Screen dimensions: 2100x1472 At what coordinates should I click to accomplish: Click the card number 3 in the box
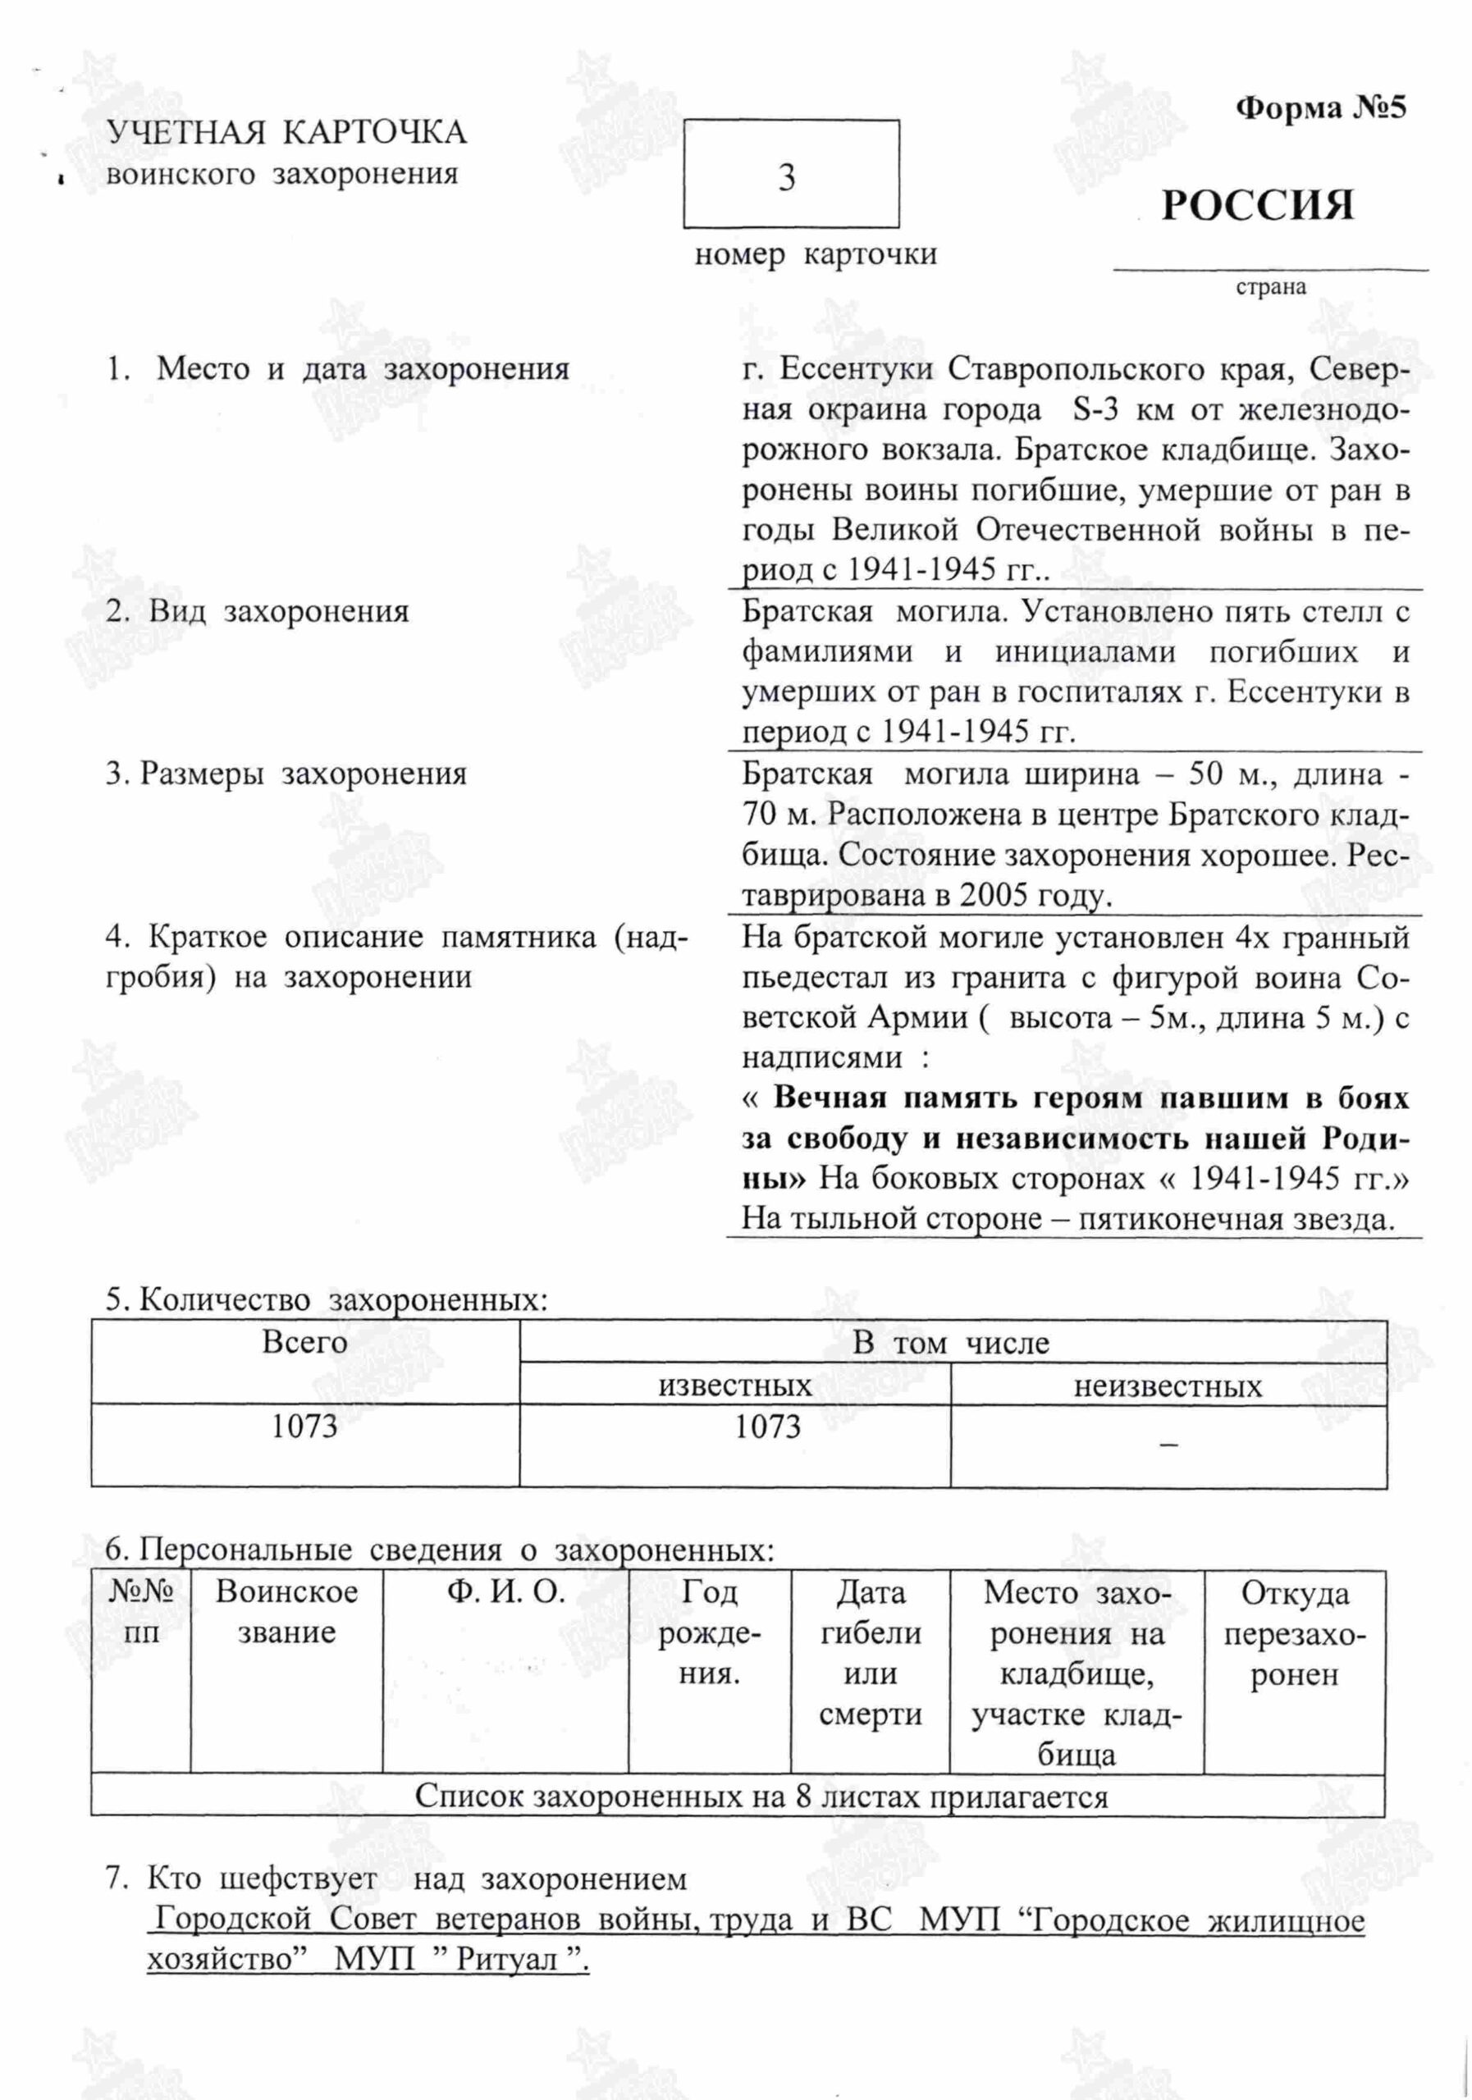787,176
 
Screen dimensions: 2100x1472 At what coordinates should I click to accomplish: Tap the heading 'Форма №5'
1320,109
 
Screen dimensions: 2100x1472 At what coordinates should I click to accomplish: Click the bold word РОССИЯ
1257,206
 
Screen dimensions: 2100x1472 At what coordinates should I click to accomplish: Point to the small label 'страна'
1271,287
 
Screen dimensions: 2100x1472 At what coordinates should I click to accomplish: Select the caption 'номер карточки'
815,254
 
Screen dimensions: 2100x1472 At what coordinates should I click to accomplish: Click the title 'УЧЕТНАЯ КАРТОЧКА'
286,134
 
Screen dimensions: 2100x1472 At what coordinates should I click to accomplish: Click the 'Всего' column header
304,1343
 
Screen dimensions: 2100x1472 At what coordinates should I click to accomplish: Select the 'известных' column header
734,1385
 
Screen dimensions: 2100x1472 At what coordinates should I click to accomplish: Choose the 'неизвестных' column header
1168,1386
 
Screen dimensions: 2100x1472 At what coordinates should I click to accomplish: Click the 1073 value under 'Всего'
304,1426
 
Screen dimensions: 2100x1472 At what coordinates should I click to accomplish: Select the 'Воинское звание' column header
286,1612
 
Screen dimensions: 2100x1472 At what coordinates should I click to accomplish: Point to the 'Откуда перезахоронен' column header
1295,1632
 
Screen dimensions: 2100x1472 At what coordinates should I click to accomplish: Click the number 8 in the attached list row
803,1796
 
